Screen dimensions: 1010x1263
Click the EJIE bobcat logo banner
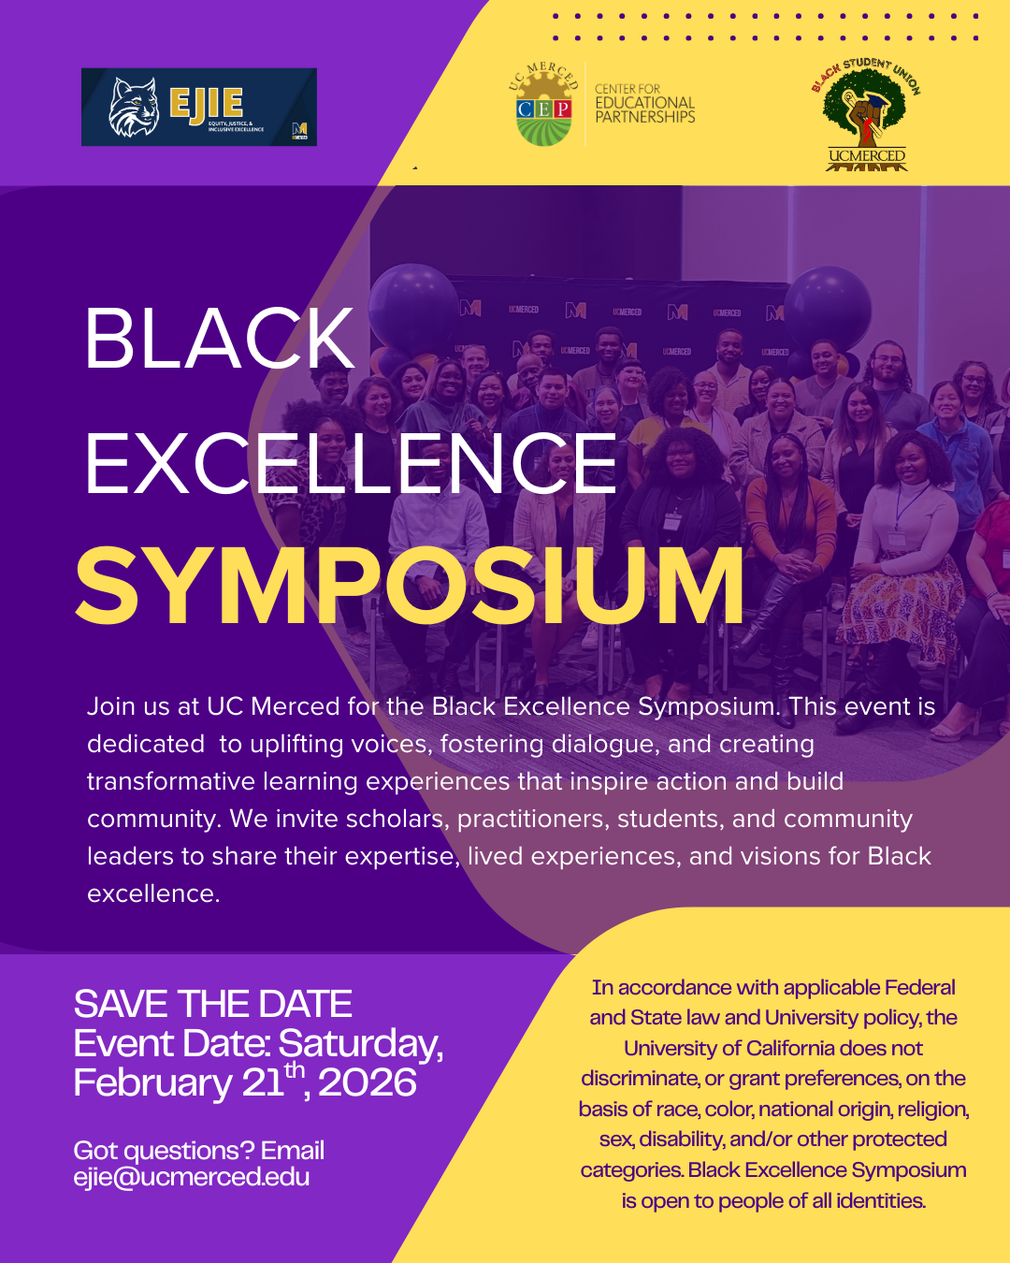(199, 107)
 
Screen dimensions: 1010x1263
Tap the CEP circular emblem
(543, 105)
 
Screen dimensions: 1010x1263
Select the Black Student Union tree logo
(866, 114)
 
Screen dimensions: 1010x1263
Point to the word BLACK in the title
(220, 339)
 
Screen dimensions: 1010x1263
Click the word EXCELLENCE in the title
(351, 464)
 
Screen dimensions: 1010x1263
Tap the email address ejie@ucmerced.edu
(192, 1177)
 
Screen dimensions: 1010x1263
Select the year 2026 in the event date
(368, 1082)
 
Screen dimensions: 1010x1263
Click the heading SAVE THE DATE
(212, 1004)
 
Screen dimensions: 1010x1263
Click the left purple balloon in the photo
(413, 310)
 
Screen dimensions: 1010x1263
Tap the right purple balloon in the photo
(827, 310)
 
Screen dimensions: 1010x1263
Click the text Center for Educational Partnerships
(644, 103)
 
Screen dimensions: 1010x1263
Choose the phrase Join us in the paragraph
(128, 706)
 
